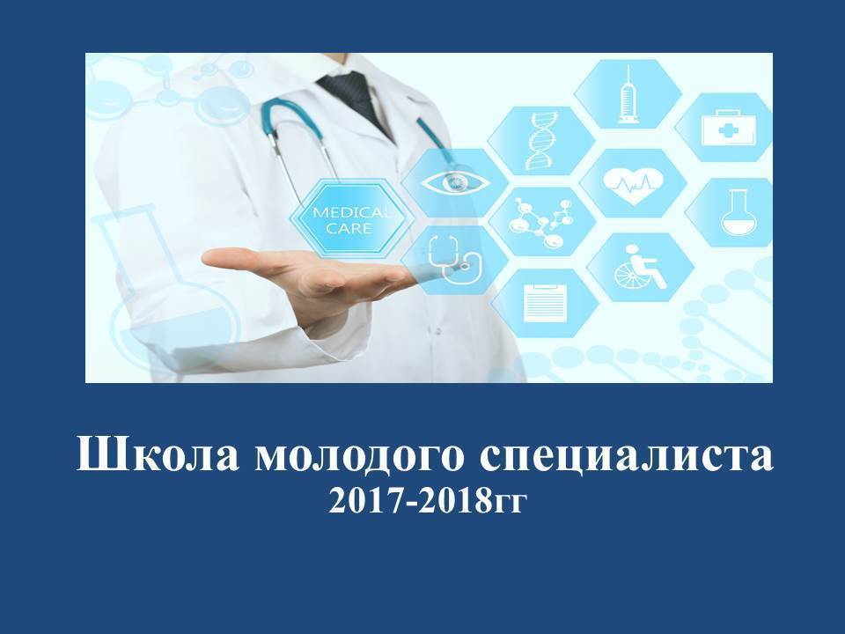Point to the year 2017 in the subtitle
368,501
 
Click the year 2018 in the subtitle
458,501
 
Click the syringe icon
628,94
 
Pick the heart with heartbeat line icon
633,185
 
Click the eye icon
454,181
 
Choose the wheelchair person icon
639,266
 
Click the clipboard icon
545,302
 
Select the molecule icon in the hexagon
540,222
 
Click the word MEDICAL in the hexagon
352,212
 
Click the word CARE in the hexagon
349,228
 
